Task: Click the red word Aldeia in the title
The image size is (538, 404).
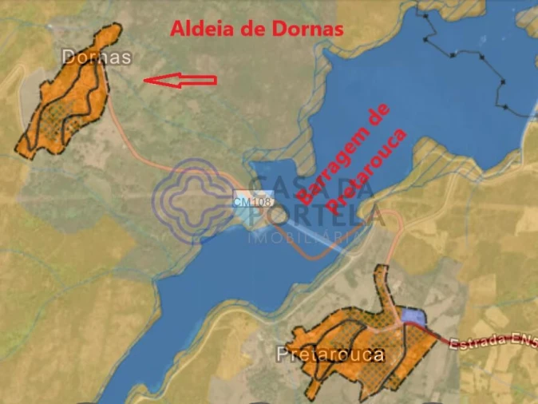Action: click(197, 30)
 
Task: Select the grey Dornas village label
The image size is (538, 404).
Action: click(96, 57)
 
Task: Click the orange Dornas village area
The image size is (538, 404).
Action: click(68, 100)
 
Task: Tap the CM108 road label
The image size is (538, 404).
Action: click(253, 202)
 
